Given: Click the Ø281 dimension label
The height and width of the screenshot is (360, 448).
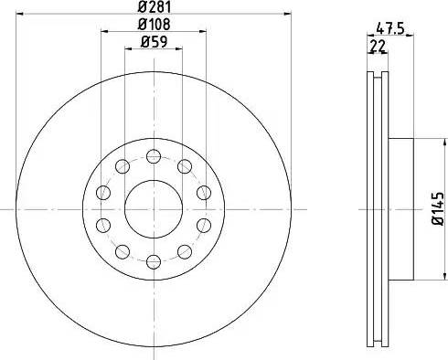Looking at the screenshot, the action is tap(155, 6).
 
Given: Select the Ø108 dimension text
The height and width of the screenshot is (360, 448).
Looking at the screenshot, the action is tap(154, 25).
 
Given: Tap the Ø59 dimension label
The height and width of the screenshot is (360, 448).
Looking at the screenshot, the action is tap(154, 42).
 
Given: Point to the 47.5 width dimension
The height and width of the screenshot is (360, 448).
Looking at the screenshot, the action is tap(390, 28).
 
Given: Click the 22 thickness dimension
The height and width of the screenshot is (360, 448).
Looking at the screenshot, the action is tap(378, 47).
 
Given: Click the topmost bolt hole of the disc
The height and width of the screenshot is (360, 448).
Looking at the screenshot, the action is tap(154, 156).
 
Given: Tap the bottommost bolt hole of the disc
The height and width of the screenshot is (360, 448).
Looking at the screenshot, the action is tap(154, 261).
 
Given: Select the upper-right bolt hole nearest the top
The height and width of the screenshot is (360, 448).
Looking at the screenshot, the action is tap(185, 166).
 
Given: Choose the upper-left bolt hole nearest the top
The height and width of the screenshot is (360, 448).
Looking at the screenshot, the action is tap(123, 166).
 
